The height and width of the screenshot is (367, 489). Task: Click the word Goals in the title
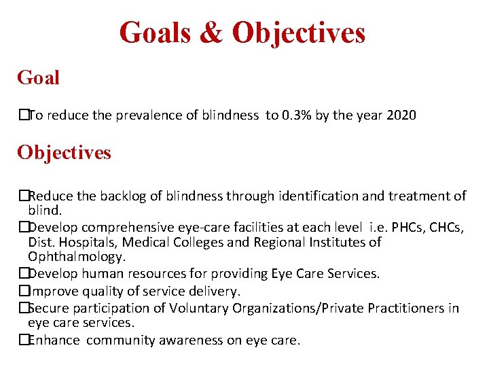coord(155,33)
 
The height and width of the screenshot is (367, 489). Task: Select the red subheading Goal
coord(39,77)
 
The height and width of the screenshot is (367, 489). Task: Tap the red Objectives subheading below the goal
coord(65,152)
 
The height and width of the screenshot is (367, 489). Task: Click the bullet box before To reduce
coord(23,115)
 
